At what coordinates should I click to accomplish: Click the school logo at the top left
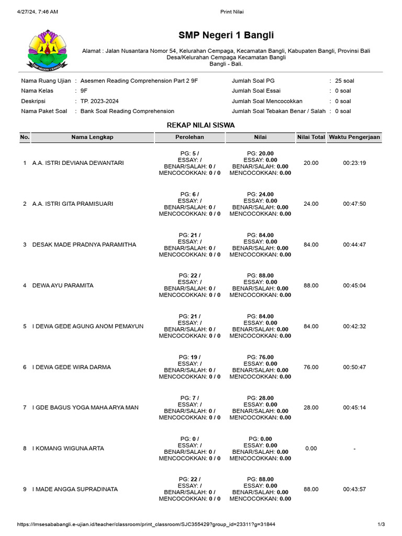tap(48, 50)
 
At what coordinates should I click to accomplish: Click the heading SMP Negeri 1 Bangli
tap(226, 36)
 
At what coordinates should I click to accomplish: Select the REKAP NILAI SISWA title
tap(200, 125)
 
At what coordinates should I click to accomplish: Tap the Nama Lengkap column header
tap(92, 137)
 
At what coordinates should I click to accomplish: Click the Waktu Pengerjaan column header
tap(354, 137)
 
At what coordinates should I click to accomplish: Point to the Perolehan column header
tap(189, 137)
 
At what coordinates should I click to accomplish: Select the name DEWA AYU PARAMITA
tap(63, 286)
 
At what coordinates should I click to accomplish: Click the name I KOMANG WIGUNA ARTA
tap(68, 449)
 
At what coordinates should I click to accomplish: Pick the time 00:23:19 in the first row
tap(354, 163)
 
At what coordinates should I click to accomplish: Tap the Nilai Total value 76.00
tap(311, 367)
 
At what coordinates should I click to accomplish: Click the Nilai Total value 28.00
tap(311, 408)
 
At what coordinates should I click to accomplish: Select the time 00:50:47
tap(354, 367)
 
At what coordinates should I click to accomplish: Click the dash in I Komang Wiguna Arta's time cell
tap(354, 449)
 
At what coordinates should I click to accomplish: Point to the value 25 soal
tap(344, 81)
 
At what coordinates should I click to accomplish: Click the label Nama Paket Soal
tap(44, 111)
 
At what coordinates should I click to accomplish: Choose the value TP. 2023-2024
tap(103, 101)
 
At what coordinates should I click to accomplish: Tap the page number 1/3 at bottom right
tap(381, 524)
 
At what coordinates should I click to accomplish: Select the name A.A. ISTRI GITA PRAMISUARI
tap(72, 204)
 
